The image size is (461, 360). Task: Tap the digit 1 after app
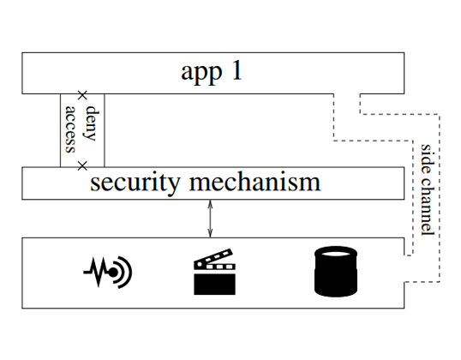[x=237, y=70]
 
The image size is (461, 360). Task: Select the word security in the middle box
[x=135, y=183]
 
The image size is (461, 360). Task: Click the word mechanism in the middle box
[x=254, y=182]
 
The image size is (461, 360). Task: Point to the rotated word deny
[x=91, y=123]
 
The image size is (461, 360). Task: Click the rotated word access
[x=70, y=129]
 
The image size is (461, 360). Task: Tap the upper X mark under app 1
[x=82, y=95]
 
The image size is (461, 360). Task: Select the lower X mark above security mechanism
[x=82, y=166]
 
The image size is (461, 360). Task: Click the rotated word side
[x=427, y=159]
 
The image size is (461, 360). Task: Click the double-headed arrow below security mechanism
[x=210, y=219]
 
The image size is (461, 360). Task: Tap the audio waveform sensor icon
[x=108, y=273]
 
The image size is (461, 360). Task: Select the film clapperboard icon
[x=214, y=272]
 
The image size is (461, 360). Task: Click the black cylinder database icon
[x=336, y=271]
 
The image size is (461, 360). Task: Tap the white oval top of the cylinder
[x=336, y=254]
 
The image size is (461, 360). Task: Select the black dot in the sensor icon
[x=112, y=273]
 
